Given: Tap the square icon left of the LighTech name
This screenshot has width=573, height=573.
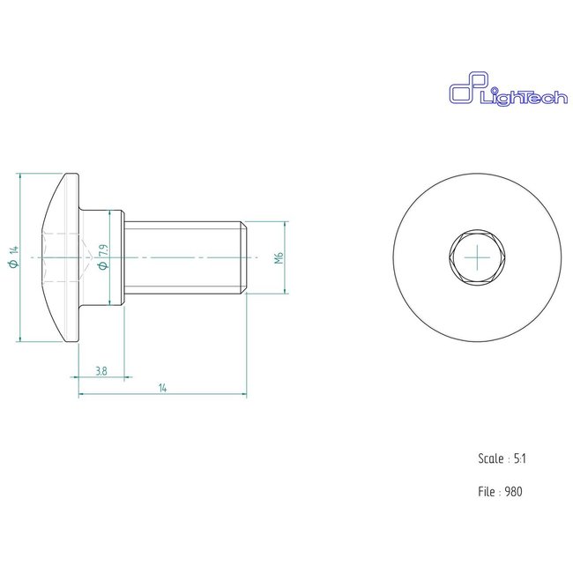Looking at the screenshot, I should coord(464,93).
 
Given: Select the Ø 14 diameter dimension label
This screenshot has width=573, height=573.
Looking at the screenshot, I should coord(13,258).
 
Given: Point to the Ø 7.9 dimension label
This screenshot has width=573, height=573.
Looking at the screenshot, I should coord(105,257).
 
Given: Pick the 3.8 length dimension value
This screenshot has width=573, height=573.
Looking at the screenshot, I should coord(101,372).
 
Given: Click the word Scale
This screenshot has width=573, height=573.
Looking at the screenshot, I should coord(490,459).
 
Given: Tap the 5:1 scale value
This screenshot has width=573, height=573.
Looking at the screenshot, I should coord(521,459).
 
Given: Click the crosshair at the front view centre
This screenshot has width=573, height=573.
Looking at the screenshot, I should coord(479,257).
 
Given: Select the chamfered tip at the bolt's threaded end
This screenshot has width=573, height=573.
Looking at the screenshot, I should coord(243,257).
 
